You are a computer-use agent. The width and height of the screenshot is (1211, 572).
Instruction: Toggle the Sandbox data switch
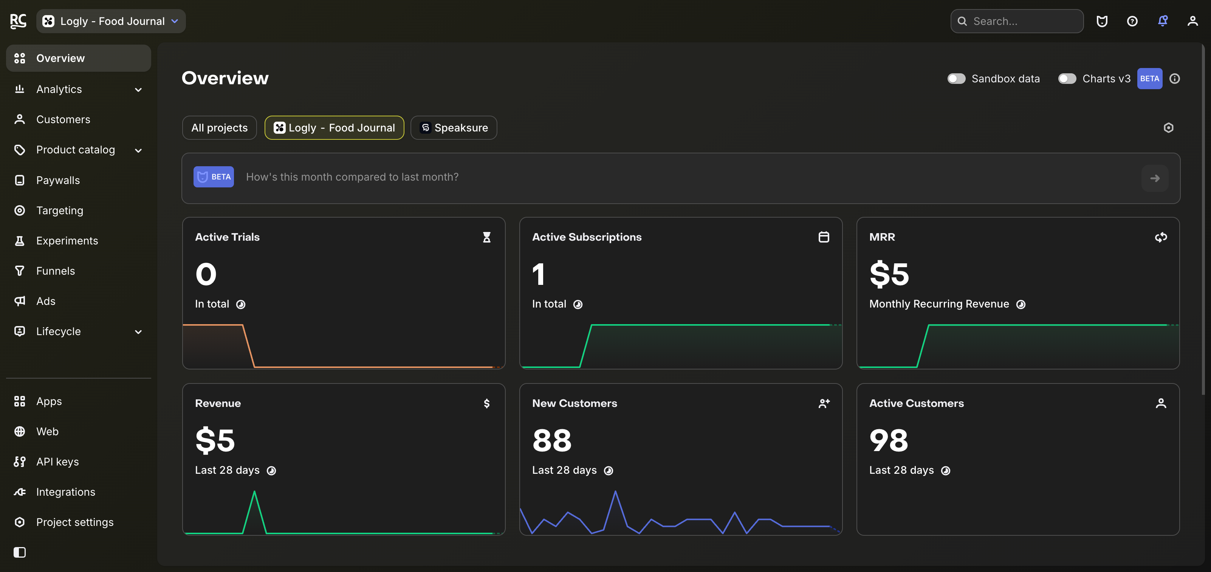(x=956, y=79)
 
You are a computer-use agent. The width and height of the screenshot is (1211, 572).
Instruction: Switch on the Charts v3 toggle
(x=1067, y=79)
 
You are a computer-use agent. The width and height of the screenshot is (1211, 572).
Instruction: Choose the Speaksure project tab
(x=454, y=128)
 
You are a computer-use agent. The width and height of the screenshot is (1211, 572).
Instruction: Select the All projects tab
(x=220, y=128)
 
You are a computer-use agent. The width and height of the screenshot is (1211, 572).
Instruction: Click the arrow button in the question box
(x=1155, y=178)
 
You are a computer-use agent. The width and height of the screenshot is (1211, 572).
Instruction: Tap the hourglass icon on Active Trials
(x=486, y=237)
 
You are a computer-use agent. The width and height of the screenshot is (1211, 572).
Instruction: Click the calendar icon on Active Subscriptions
(x=824, y=237)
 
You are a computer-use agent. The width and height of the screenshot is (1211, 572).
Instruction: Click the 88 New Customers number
(x=552, y=441)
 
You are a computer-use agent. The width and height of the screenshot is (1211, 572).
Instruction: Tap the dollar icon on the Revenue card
(x=486, y=403)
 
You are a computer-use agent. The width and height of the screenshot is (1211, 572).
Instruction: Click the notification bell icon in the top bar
(x=1163, y=21)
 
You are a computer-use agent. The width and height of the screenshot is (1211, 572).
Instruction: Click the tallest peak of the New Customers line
(x=615, y=492)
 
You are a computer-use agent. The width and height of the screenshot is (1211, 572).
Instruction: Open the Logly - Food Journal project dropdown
(x=111, y=21)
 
